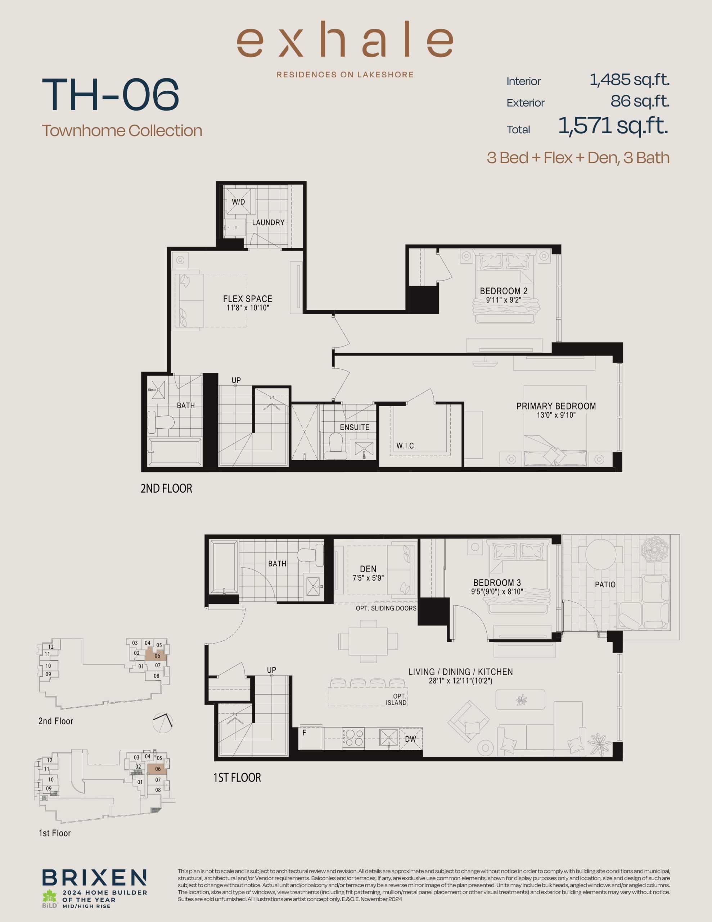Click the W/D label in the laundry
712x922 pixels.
[238, 202]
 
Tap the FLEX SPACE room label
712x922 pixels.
[248, 299]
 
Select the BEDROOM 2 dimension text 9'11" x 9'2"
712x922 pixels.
[504, 300]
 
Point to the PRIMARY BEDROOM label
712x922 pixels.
[556, 406]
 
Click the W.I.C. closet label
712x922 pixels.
[406, 446]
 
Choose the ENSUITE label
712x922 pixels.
[355, 427]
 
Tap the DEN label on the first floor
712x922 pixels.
[368, 569]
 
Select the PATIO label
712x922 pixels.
[605, 585]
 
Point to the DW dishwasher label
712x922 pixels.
[411, 739]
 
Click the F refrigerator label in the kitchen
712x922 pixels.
[304, 733]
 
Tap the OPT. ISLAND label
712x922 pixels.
[396, 699]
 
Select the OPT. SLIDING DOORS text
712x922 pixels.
[386, 608]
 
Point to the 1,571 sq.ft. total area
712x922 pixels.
[613, 126]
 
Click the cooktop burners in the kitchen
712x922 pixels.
[353, 738]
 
